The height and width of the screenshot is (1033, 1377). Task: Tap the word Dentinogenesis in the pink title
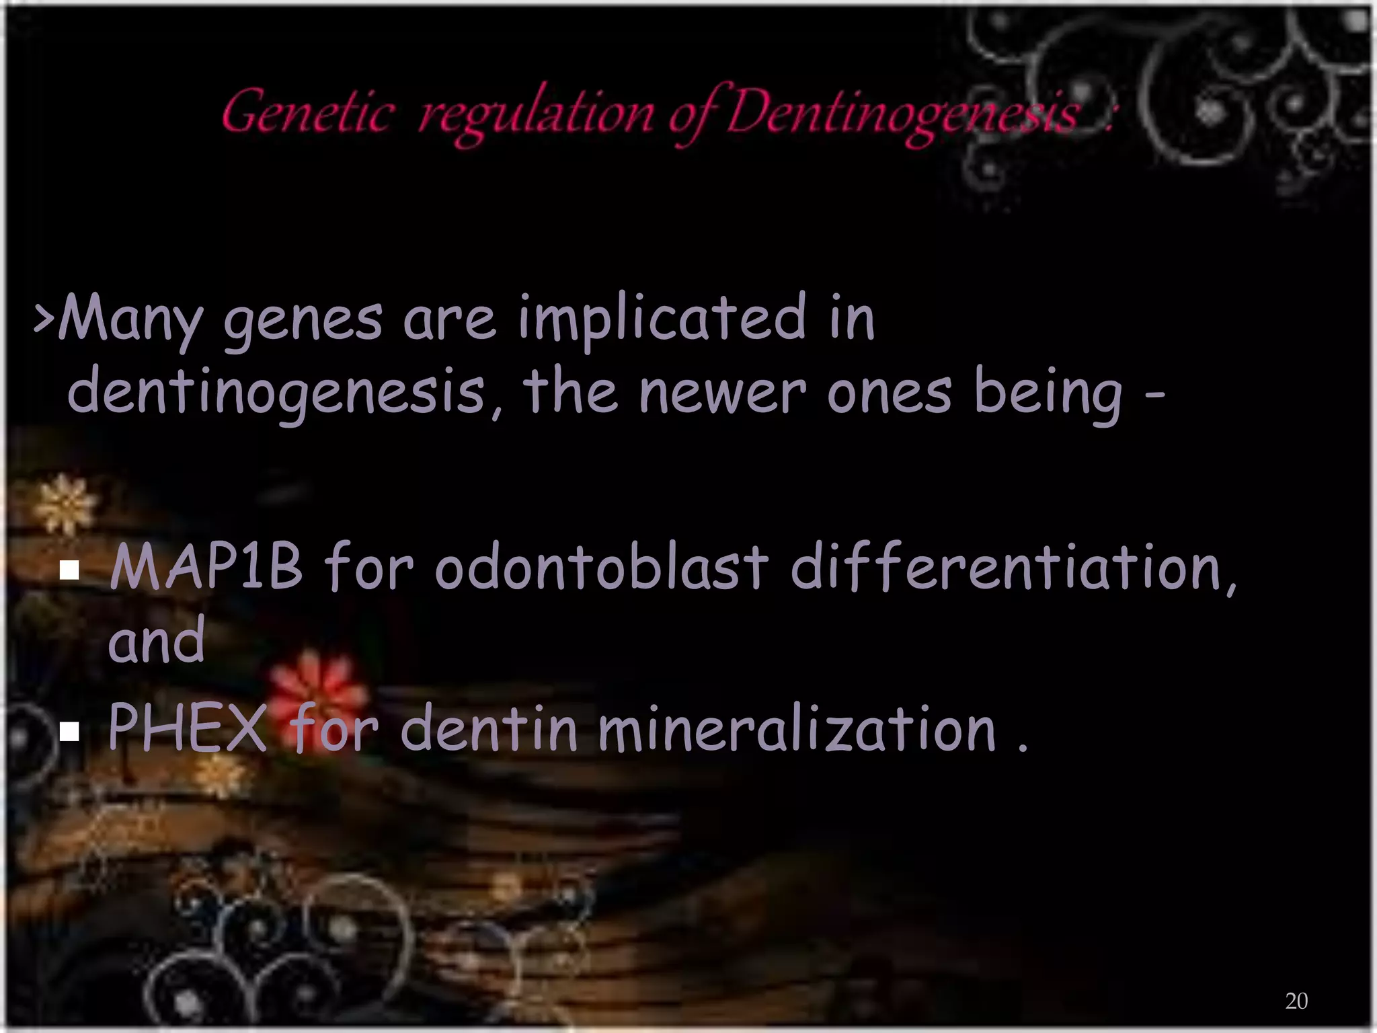point(901,114)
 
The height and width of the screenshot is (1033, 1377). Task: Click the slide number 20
point(1296,1001)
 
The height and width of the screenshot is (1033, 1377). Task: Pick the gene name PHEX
point(187,728)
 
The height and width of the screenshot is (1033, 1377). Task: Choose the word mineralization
point(796,729)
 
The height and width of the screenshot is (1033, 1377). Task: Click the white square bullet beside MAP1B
point(69,571)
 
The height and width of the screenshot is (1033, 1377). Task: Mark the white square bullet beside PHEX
point(69,731)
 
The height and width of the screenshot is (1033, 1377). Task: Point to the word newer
point(722,393)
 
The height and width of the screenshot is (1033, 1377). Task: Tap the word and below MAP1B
point(157,642)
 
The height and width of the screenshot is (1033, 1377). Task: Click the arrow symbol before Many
point(44,319)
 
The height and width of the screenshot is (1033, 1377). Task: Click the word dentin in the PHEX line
point(489,729)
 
